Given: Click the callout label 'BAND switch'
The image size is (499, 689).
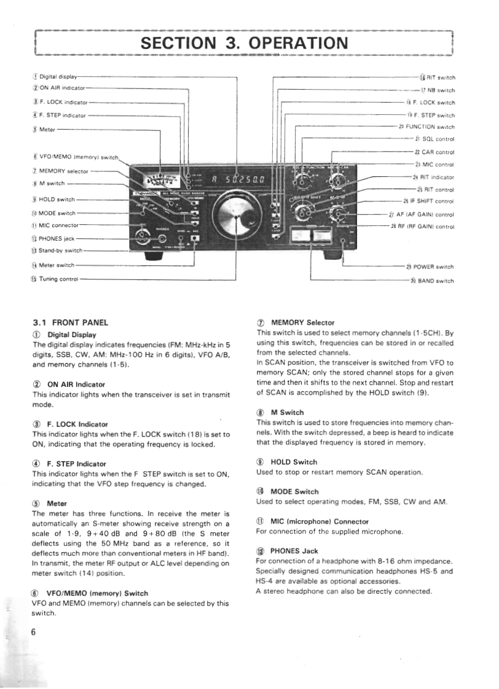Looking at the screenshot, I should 436,281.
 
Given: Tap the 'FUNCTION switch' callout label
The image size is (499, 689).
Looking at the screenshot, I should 430,127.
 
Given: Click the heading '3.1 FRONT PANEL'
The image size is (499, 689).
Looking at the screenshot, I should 71,322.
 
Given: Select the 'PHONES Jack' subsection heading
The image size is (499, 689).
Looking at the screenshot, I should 294,551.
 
